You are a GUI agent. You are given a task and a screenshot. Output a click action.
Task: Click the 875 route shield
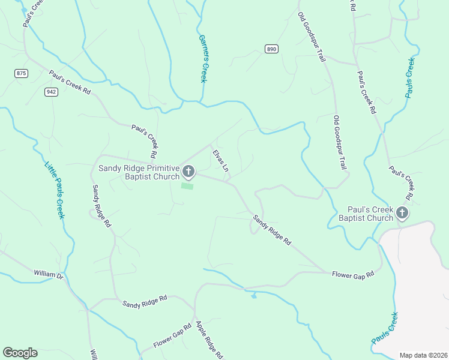(x=22, y=73)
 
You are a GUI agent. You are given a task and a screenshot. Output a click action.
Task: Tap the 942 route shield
(x=51, y=92)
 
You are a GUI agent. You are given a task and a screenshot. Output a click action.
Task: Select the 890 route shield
(x=271, y=49)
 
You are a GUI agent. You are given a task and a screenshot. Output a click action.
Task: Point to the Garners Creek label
(x=202, y=58)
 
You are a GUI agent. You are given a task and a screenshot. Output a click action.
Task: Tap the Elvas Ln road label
(x=220, y=161)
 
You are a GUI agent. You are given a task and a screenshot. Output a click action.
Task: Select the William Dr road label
(x=48, y=274)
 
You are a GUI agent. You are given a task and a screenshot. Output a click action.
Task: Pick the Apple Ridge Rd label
(x=209, y=339)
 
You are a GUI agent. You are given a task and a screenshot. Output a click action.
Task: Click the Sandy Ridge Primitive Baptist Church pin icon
(x=188, y=172)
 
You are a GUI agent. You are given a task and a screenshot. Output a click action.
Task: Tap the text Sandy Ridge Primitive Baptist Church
(x=139, y=172)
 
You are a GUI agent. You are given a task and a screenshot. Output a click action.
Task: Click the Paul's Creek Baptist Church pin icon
(x=402, y=212)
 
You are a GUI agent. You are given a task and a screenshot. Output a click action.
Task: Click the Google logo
(x=20, y=353)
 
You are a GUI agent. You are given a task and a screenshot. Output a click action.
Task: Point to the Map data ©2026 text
(x=423, y=355)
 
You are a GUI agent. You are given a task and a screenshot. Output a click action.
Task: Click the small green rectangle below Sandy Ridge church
(x=188, y=186)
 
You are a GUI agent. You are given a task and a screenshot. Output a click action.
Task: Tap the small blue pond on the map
(x=254, y=295)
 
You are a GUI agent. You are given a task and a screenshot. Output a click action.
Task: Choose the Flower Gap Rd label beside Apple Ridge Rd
(x=172, y=336)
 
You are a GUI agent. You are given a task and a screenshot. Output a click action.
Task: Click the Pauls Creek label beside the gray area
(x=384, y=328)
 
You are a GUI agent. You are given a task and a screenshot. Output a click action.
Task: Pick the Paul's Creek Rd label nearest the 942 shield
(x=70, y=83)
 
